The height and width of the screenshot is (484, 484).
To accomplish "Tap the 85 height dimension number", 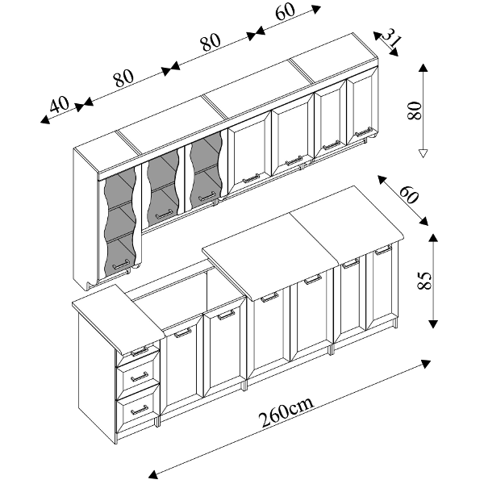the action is [x=423, y=280].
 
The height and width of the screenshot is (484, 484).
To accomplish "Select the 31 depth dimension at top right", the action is [x=391, y=37].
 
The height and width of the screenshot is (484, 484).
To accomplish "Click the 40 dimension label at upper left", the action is [x=60, y=104].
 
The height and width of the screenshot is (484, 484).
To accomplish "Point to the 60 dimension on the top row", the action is [x=286, y=12].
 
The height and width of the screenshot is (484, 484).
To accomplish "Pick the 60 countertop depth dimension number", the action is [x=409, y=194].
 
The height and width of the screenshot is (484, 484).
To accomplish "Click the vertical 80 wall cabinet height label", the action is [x=415, y=111].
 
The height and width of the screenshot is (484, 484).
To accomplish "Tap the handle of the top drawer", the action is [x=140, y=351].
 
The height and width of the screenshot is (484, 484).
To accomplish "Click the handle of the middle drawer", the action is [x=139, y=377].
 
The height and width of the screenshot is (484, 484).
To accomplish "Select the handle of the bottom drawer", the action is [x=139, y=410].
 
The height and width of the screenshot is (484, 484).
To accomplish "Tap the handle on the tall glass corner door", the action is [x=121, y=265].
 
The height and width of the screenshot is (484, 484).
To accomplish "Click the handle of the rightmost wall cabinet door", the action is [x=364, y=132].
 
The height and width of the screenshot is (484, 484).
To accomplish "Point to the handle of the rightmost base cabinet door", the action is [x=382, y=250].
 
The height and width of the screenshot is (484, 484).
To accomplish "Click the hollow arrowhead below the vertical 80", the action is [x=423, y=153].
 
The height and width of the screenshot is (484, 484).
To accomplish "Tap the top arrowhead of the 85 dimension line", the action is [x=433, y=238].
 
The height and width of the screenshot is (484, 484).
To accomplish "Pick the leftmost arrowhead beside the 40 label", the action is [x=45, y=119].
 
